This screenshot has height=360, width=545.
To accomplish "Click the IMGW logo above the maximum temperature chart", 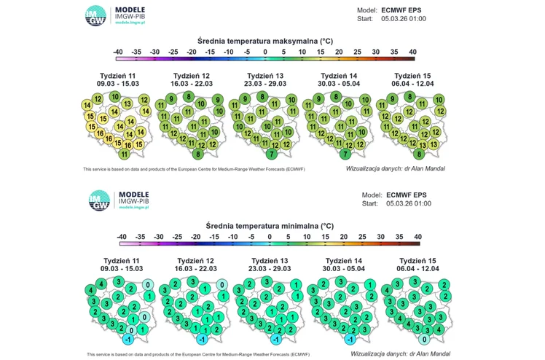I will point(95,15).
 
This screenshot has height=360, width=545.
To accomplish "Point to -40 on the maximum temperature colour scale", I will point(119,52).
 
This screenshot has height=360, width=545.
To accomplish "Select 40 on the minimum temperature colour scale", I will point(417,237).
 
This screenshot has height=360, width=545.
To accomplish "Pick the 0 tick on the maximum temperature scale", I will point(265,52).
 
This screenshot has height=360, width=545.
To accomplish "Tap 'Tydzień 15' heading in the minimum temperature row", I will point(417,261).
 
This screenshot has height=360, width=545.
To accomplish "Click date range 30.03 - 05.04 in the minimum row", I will point(343,270).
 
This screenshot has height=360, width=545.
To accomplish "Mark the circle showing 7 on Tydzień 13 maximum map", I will point(271,154).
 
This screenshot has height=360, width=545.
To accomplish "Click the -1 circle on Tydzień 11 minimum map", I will point(129,339).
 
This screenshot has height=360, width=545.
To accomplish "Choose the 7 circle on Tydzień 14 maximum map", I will point(345,154).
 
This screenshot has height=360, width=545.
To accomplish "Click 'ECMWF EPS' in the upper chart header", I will point(401,10).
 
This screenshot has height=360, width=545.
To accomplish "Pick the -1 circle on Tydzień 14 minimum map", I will point(350,339).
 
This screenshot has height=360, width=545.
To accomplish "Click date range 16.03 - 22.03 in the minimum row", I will point(195,270).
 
